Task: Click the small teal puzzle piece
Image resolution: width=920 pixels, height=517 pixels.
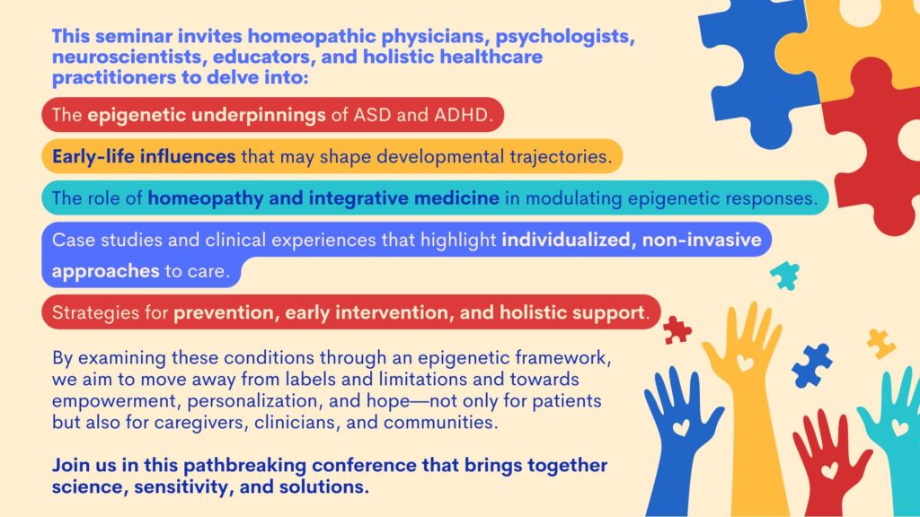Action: pyautogui.click(x=785, y=276)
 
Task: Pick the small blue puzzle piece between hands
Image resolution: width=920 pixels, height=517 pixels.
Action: pyautogui.click(x=812, y=365)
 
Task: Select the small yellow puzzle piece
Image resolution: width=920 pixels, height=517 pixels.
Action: pyautogui.click(x=880, y=343)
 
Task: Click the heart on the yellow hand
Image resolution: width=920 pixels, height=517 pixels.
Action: pyautogui.click(x=745, y=363)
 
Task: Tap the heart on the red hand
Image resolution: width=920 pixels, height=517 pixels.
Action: pyautogui.click(x=829, y=469)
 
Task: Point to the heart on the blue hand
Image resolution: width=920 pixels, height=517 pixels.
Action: pyautogui.click(x=681, y=427)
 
